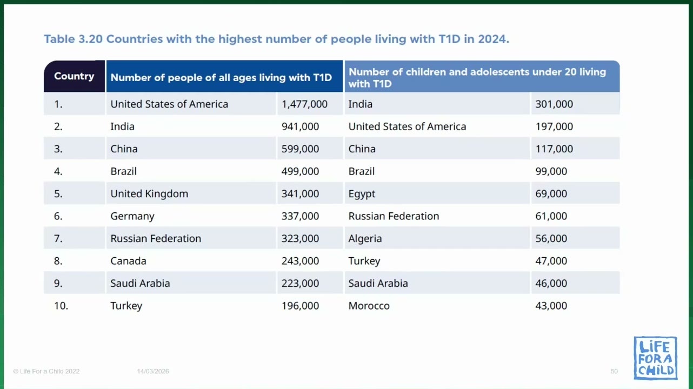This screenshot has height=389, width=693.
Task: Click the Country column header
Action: [x=74, y=76]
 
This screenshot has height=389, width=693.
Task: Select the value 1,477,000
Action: [x=304, y=104]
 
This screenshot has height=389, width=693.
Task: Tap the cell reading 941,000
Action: [x=300, y=126]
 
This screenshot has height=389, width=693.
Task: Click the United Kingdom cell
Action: [x=149, y=193]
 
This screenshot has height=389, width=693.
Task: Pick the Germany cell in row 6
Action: [x=132, y=216]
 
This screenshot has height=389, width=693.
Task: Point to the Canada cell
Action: [x=129, y=261]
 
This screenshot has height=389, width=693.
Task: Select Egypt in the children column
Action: [x=362, y=194]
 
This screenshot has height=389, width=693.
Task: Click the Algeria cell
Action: [x=365, y=239]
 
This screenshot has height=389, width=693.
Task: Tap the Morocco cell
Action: [x=369, y=306]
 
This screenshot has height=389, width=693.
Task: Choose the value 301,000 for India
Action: [x=554, y=104]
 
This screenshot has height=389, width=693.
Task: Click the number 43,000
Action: [x=551, y=306]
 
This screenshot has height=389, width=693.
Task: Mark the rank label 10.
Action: [x=61, y=306]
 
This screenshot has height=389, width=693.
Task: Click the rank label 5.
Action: [x=58, y=193]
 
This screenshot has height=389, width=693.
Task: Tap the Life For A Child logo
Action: [x=655, y=358]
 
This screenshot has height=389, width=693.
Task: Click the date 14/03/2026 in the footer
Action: [x=153, y=371]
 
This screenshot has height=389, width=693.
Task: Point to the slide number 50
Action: [x=614, y=371]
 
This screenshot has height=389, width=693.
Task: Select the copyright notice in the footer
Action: [x=46, y=371]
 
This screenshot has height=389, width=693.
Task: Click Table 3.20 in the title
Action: [x=74, y=39]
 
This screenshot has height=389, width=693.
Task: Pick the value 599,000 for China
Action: [x=300, y=149]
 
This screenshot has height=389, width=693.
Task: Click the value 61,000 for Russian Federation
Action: [x=551, y=216]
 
